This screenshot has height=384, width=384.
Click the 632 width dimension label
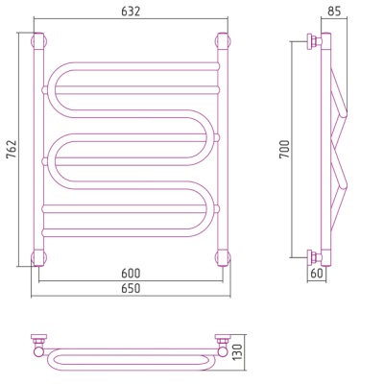131,12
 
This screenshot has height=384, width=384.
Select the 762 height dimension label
12,149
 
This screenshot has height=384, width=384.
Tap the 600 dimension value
131,274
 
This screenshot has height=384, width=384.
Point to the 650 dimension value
131,288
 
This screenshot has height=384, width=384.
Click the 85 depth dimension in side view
334,12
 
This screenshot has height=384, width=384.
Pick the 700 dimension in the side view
284,149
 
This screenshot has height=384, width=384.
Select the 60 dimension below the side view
316,273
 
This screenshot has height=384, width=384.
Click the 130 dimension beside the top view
237,352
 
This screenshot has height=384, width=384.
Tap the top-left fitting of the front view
39,40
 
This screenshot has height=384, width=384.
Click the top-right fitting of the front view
223,40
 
